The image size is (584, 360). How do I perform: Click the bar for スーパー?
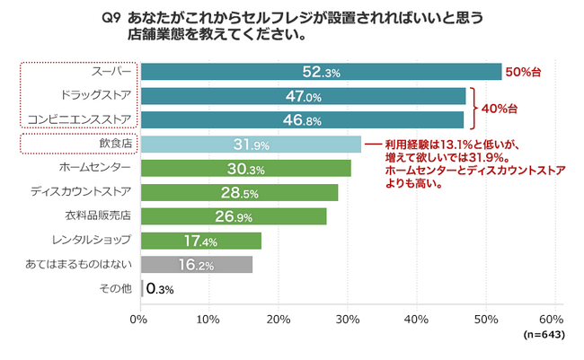click(x=321, y=72)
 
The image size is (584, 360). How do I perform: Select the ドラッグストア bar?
click(x=303, y=96)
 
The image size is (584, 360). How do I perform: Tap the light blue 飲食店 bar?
click(x=251, y=144)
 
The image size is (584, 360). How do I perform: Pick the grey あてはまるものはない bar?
click(x=197, y=264)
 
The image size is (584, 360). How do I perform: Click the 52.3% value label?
click(x=321, y=73)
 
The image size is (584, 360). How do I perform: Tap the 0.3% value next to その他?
click(x=160, y=288)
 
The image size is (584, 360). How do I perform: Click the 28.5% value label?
click(x=239, y=192)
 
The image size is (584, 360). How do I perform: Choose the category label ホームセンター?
click(x=100, y=168)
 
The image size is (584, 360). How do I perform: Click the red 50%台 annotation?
click(x=524, y=72)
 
